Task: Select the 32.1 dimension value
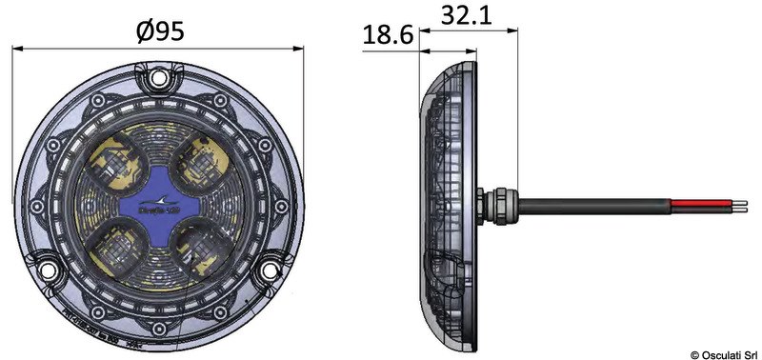[x=471, y=15]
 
